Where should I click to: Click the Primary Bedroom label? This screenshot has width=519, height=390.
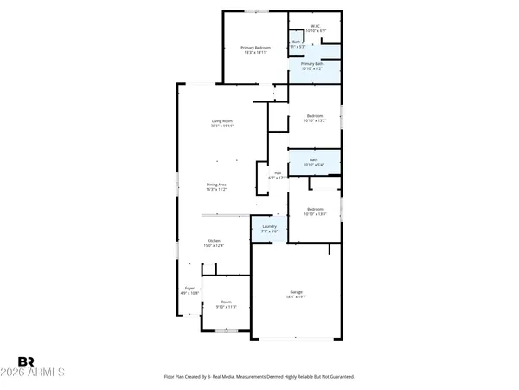pyautogui.click(x=255, y=47)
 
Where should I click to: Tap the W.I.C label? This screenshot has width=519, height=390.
pyautogui.click(x=316, y=26)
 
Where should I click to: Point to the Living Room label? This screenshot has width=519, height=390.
pyautogui.click(x=222, y=120)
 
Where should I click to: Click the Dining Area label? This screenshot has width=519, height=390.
pyautogui.click(x=216, y=184)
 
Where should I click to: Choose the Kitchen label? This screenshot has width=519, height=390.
pyautogui.click(x=214, y=240)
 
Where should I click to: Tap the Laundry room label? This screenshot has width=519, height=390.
pyautogui.click(x=269, y=226)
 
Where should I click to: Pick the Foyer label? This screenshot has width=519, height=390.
pyautogui.click(x=189, y=288)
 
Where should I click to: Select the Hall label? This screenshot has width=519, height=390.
pyautogui.click(x=279, y=172)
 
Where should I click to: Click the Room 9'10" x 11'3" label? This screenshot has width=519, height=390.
pyautogui.click(x=226, y=302)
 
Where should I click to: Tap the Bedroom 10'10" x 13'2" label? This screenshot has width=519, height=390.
pyautogui.click(x=315, y=116)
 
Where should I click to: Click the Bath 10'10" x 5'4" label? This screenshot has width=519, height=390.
pyautogui.click(x=315, y=159)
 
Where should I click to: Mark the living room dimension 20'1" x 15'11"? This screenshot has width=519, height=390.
pyautogui.click(x=222, y=126)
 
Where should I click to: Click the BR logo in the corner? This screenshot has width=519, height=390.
pyautogui.click(x=27, y=361)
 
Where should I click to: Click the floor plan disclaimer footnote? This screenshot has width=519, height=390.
pyautogui.click(x=259, y=377)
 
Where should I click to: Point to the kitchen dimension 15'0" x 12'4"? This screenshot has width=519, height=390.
pyautogui.click(x=214, y=245)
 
